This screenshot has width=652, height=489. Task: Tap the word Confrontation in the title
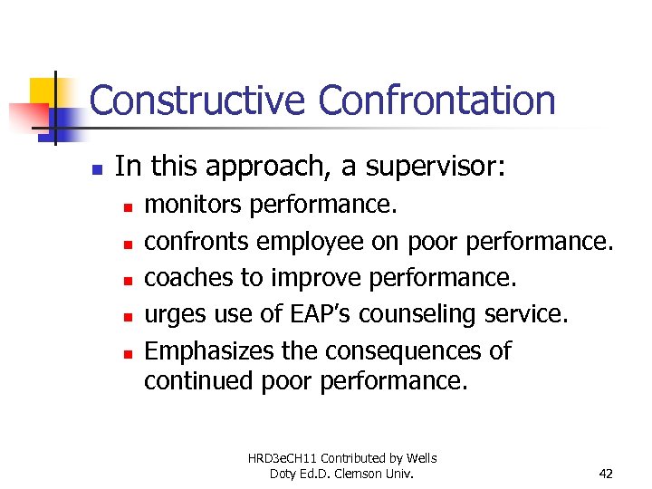[x=437, y=100]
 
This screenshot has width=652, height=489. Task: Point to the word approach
[x=251, y=167]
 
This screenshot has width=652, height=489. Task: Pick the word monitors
[x=193, y=206]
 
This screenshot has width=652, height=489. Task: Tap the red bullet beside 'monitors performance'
[x=129, y=207]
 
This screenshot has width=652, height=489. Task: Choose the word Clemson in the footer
[x=376, y=473]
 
